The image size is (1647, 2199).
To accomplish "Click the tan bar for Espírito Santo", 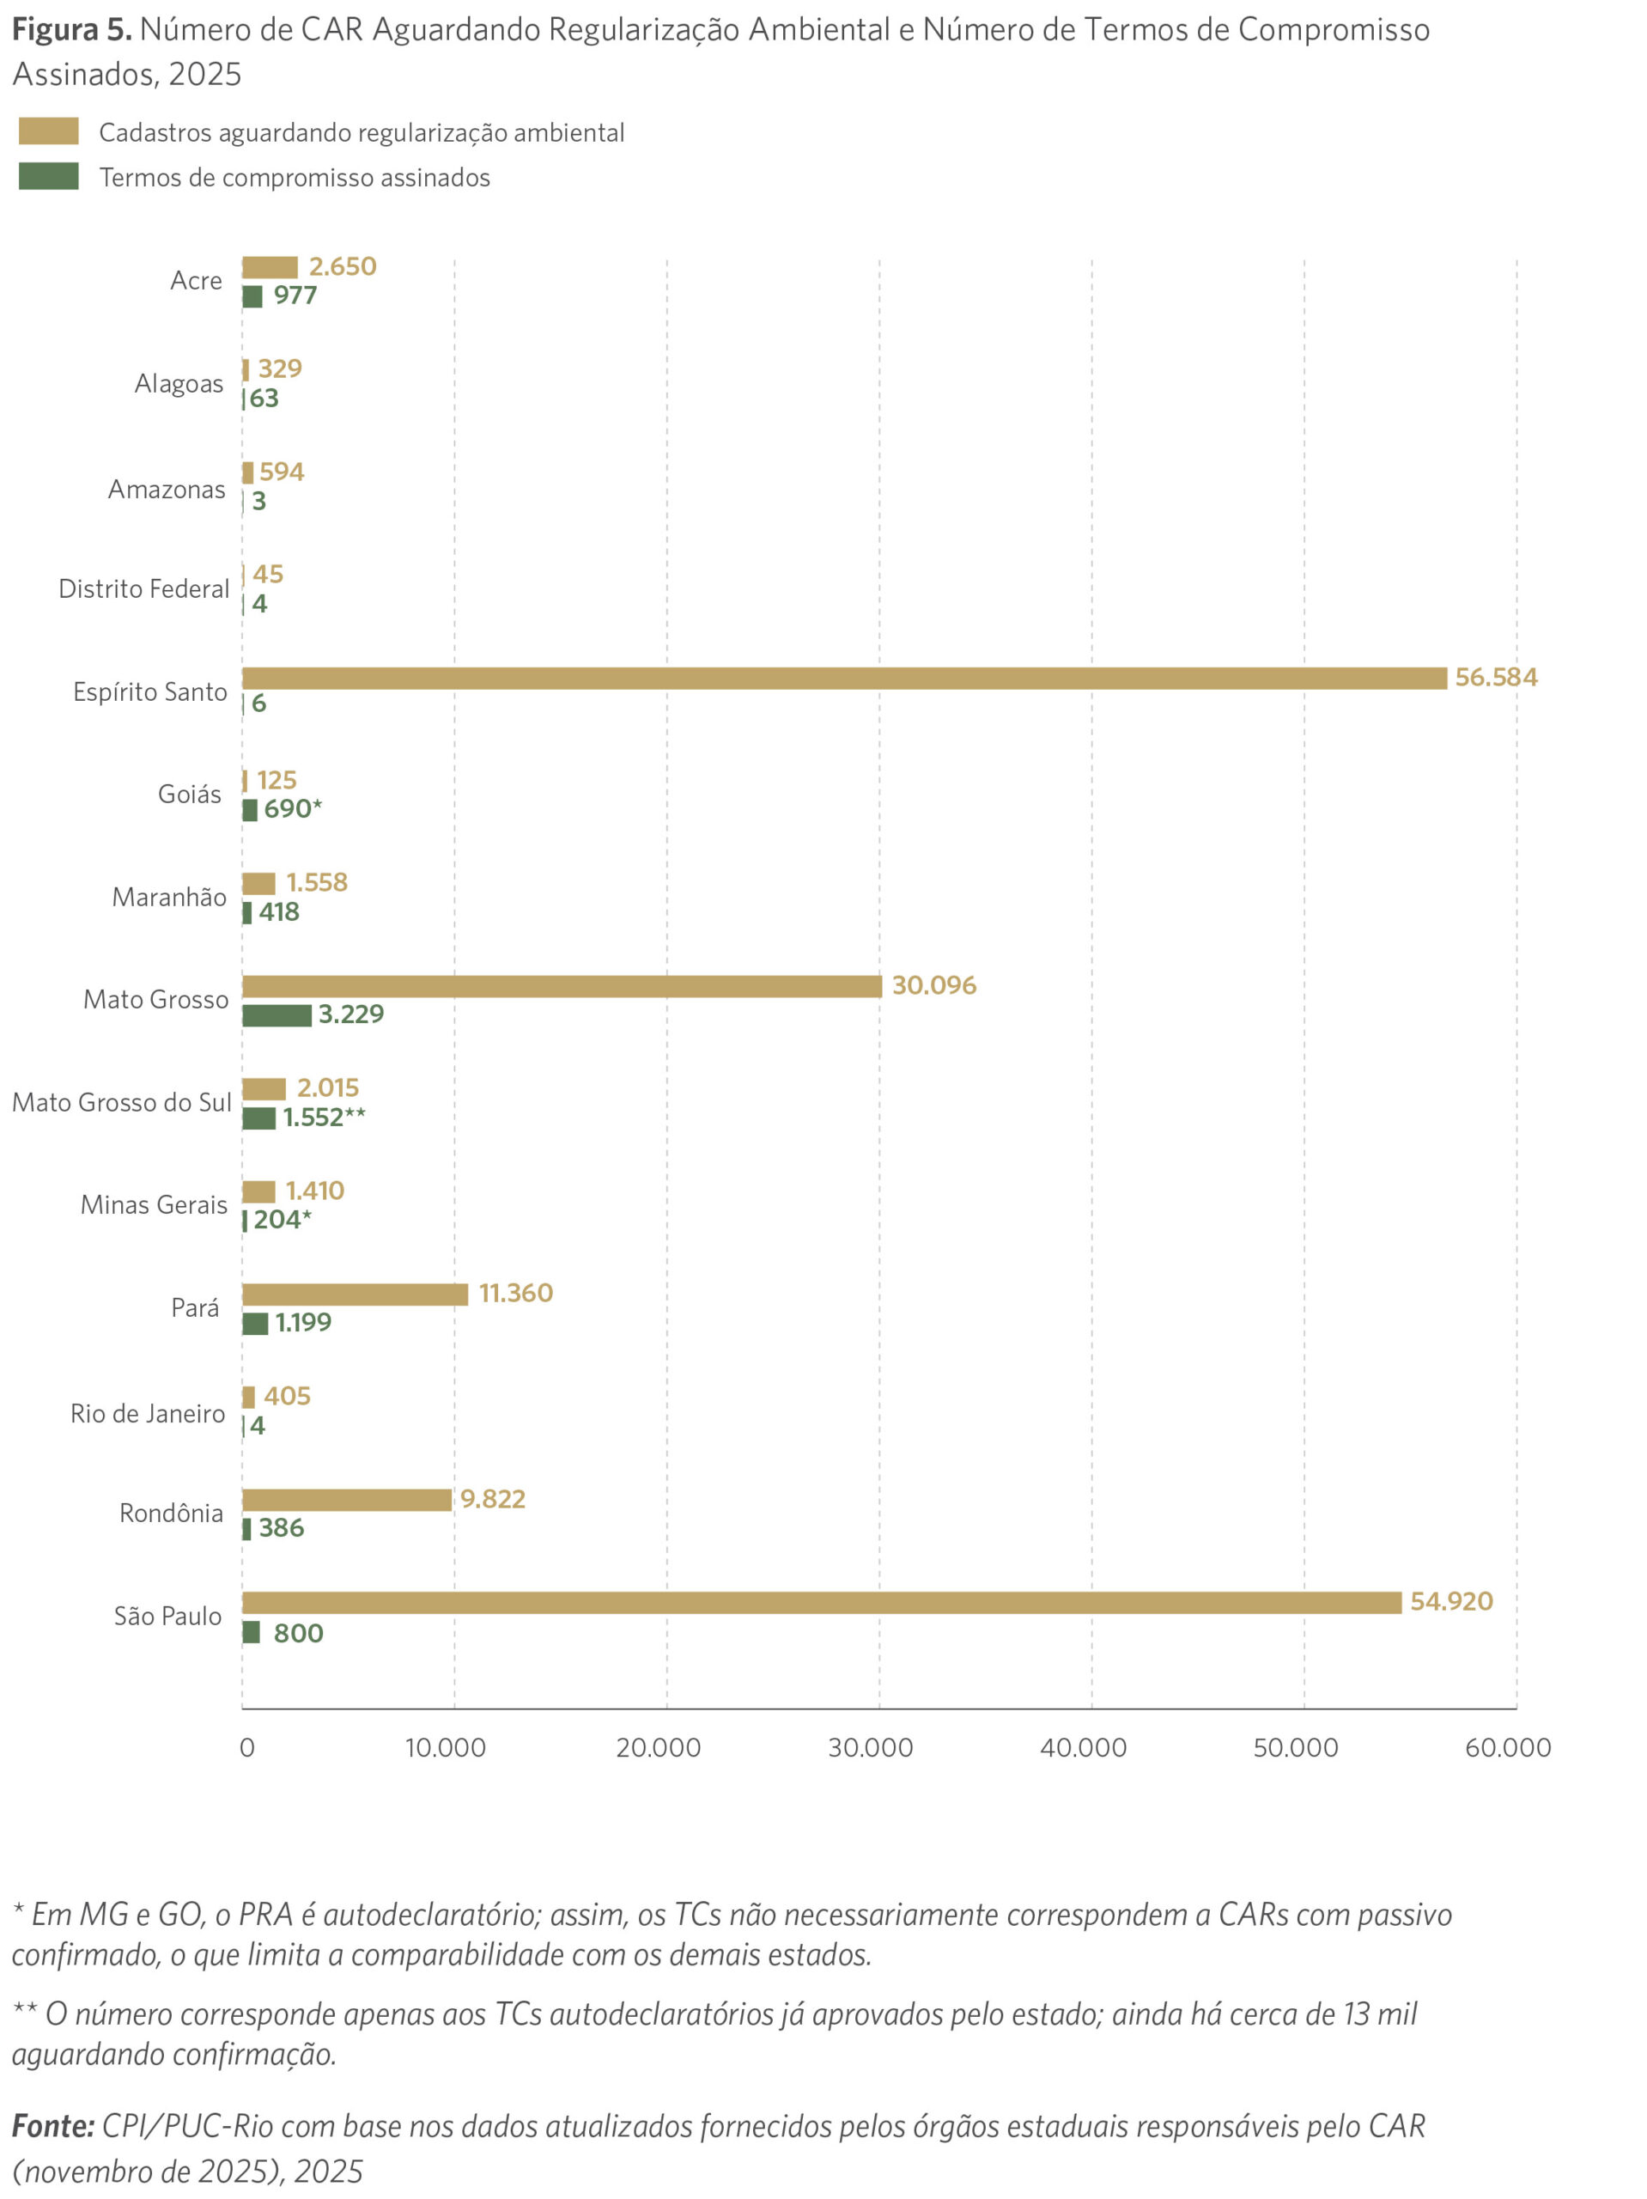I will coord(843,678).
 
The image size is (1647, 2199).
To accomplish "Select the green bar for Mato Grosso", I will coord(277,1015).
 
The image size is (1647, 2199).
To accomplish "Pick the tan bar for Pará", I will coord(355,1294).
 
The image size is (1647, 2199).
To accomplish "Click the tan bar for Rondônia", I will coord(347,1500).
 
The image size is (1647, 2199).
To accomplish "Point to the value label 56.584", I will coord(1495,677).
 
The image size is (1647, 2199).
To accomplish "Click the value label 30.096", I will coord(933,985).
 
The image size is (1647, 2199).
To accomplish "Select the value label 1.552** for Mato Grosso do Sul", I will coord(324,1118).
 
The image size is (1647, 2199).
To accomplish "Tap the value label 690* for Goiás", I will coord(292,809).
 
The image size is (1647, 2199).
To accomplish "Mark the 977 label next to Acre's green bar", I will coord(295,295).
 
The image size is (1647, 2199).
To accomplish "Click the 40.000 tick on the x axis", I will coord(1083,1748).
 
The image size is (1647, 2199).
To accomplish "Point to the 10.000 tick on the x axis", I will coord(446,1748).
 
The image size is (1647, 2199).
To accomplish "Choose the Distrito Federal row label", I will coord(143,589).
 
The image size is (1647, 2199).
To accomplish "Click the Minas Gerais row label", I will coord(154,1205).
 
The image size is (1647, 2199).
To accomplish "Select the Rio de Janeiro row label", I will coord(147,1414).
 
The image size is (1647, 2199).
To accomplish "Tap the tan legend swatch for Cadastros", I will coord(49,131).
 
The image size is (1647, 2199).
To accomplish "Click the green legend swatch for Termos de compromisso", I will coord(49,177).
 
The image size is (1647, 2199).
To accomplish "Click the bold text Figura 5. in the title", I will coord(71,30).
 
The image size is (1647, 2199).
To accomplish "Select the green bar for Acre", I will coord(252,296).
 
